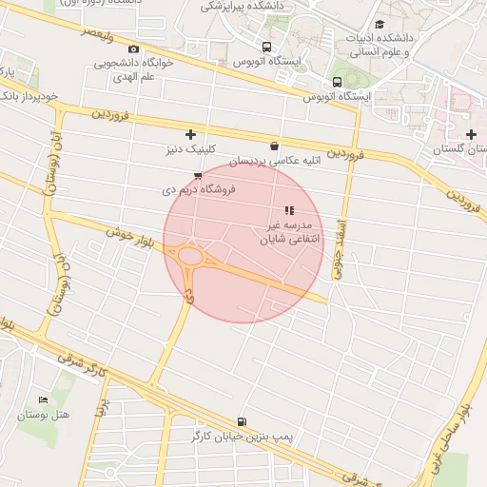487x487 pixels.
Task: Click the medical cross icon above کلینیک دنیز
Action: [191, 135]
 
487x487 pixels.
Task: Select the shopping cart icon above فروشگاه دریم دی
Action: [197, 176]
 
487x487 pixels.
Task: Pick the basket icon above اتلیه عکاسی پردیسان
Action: [275, 146]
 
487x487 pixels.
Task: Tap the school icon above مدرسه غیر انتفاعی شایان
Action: [289, 210]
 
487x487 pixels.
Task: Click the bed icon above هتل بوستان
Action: [43, 399]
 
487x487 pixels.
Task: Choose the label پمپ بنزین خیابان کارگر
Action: [242, 436]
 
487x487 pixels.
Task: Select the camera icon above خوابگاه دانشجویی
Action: [133, 49]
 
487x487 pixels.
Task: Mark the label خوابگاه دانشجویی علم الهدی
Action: [134, 70]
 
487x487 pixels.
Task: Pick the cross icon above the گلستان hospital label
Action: [471, 135]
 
